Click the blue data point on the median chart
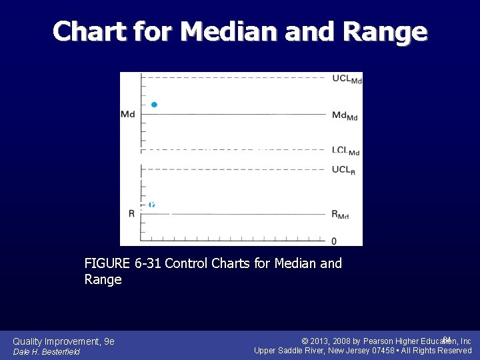click(154, 105)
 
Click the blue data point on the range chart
click(152, 205)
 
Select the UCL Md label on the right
click(346, 79)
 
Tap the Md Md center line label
click(345, 116)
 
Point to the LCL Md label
click(345, 151)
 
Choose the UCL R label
click(343, 170)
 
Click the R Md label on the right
click(340, 215)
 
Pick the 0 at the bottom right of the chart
click(334, 241)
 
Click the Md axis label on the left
click(127, 115)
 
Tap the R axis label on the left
click(131, 214)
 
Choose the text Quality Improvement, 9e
click(63, 341)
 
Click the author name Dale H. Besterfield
click(46, 352)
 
